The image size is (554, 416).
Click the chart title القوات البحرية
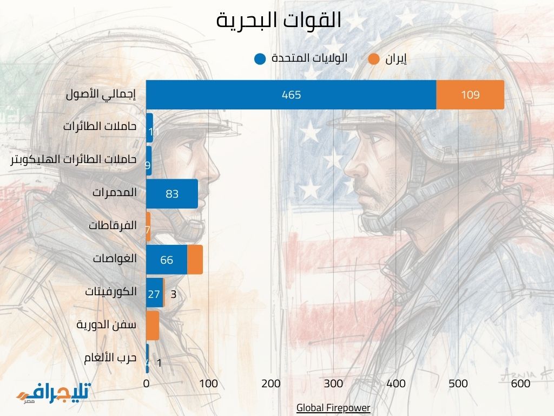click(279, 21)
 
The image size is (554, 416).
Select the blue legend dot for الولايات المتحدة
click(260, 58)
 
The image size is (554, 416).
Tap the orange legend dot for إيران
click(373, 58)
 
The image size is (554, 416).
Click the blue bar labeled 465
click(291, 95)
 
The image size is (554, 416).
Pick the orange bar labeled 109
click(470, 95)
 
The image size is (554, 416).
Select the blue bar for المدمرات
click(172, 193)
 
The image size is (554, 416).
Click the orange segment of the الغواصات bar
click(195, 259)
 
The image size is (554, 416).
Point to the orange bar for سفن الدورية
click(153, 325)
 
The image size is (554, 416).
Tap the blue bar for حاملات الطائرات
click(150, 128)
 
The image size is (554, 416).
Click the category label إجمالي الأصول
click(101, 94)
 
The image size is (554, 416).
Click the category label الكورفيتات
click(110, 292)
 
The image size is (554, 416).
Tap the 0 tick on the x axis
click(146, 383)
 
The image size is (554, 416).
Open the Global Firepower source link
click(333, 407)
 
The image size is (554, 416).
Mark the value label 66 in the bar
click(167, 260)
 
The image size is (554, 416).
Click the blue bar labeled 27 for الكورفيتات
click(154, 294)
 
